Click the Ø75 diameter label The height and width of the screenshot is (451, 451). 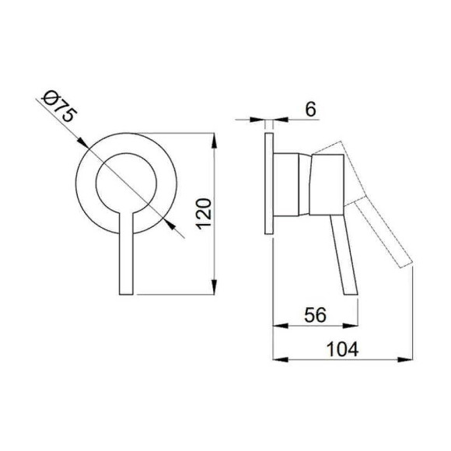(x=60, y=107)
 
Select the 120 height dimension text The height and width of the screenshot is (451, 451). (x=204, y=214)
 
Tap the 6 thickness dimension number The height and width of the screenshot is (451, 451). (x=310, y=110)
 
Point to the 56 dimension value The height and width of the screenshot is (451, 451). (x=315, y=314)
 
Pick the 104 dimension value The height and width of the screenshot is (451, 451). (x=343, y=349)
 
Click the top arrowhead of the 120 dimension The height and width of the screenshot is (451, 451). (x=214, y=141)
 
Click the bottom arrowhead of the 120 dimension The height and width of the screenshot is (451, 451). (x=214, y=286)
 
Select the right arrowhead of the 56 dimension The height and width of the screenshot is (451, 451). (x=350, y=326)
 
